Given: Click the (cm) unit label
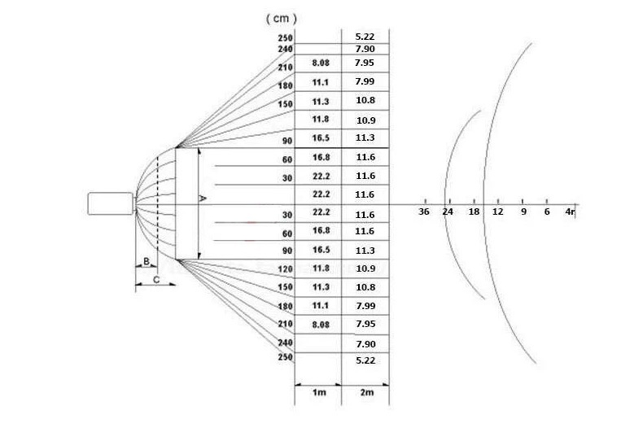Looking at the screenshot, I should tap(282, 18).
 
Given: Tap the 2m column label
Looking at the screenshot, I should tap(365, 393).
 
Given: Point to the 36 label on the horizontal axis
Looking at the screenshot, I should tap(423, 212).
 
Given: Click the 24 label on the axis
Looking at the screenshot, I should tap(448, 212).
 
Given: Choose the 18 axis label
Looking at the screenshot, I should tap(474, 212).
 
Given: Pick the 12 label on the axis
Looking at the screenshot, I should tap(498, 212).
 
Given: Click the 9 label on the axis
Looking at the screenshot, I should tap(523, 212).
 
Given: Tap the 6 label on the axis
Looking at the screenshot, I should tap(547, 212).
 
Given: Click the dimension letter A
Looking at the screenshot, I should tap(203, 198).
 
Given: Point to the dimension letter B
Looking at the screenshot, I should tap(145, 261).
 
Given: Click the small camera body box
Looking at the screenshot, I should tap(110, 203).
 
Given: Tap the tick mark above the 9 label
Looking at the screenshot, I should tap(523, 201).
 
